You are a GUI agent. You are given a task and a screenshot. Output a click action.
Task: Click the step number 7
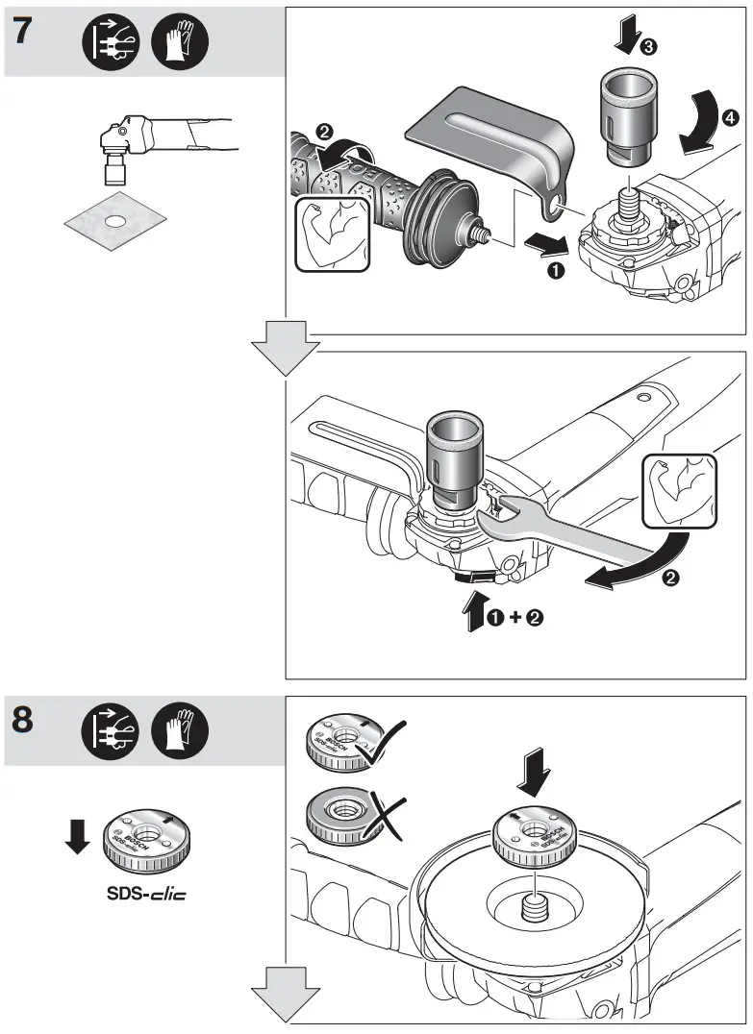click(26, 31)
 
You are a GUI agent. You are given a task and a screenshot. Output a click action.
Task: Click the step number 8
click(27, 722)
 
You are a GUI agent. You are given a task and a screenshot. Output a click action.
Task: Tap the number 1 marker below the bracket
click(554, 271)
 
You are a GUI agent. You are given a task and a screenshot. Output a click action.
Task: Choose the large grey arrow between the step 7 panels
click(286, 349)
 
